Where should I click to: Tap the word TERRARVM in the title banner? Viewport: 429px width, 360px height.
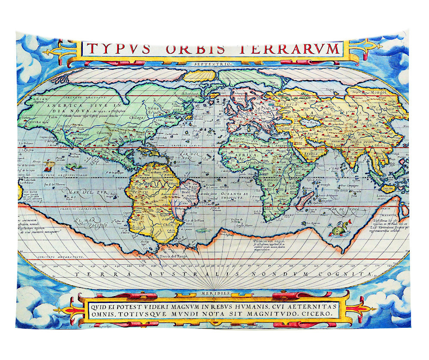(x=297, y=48)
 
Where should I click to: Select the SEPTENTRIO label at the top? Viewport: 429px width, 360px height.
(x=212, y=64)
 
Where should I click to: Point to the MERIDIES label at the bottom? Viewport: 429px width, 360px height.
(x=214, y=293)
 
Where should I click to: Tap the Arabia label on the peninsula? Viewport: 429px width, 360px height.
(x=308, y=153)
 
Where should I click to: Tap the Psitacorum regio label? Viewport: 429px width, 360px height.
(x=263, y=242)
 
